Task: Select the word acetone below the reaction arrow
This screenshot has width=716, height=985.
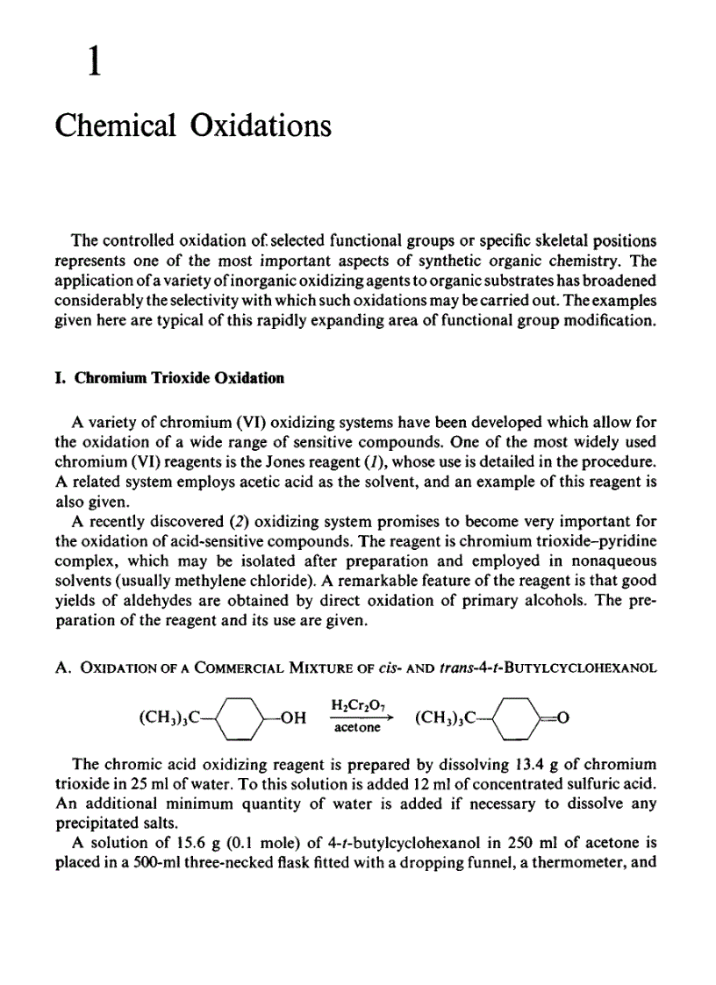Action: click(355, 728)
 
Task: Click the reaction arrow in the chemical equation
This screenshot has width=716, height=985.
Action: click(356, 716)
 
